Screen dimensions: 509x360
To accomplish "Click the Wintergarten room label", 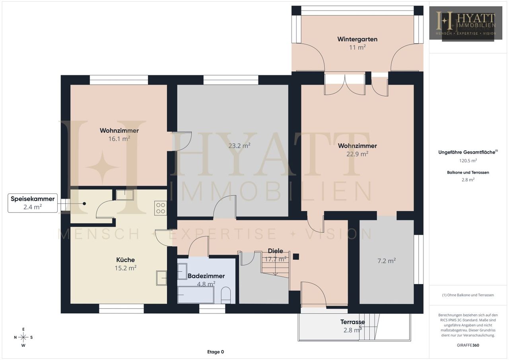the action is point(357,39).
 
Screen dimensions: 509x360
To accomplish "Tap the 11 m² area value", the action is point(357,47).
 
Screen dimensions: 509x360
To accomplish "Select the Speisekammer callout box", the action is point(33,203).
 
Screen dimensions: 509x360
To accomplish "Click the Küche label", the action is point(125,260).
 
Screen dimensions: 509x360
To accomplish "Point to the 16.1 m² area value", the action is point(119,139).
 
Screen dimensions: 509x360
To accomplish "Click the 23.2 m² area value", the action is point(239,146).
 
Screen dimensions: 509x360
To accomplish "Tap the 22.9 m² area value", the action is point(357,154).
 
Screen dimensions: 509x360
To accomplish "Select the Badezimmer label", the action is point(206,276).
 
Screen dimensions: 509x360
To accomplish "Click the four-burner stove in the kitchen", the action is point(160,208).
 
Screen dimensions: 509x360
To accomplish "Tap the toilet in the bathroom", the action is point(226,295).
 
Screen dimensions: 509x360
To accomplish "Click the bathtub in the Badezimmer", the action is point(196,295).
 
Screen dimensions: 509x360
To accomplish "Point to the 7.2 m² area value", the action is point(387,261).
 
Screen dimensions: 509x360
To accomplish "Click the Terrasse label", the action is point(352,322).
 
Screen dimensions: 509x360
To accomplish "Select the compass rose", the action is point(23,337).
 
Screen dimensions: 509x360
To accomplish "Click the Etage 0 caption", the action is point(216,352).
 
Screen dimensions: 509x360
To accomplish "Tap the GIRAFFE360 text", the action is point(468,345).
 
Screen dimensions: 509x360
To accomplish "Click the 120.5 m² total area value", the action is point(468,161).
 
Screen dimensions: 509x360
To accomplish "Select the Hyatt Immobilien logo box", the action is point(466,23).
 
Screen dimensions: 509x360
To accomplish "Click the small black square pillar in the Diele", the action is point(295,257).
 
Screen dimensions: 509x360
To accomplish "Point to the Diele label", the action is point(276,251).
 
